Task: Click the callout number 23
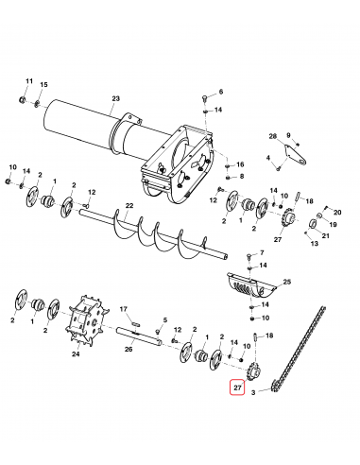pos(116,98)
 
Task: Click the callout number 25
pos(287,283)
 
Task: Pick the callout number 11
pos(28,83)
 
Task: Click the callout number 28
pos(272,136)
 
